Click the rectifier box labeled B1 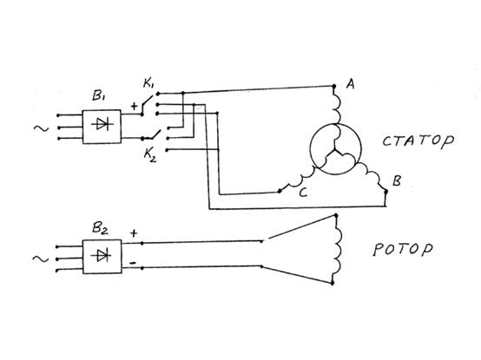(x=102, y=127)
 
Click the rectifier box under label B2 (x=102, y=257)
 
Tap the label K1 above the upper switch (x=148, y=83)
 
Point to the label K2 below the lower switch (x=150, y=155)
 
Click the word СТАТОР (x=418, y=141)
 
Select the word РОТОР (x=403, y=249)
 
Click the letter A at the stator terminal (x=350, y=83)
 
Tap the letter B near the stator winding (x=397, y=180)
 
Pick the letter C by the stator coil (x=303, y=193)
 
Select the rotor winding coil (x=339, y=249)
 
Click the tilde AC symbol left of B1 (x=41, y=128)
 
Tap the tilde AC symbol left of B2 (x=41, y=259)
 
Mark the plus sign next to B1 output (x=134, y=107)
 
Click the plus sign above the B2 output (x=134, y=233)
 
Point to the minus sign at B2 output (x=133, y=263)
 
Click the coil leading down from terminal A (x=338, y=108)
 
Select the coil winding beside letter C (x=297, y=180)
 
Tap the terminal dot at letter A (x=334, y=86)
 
